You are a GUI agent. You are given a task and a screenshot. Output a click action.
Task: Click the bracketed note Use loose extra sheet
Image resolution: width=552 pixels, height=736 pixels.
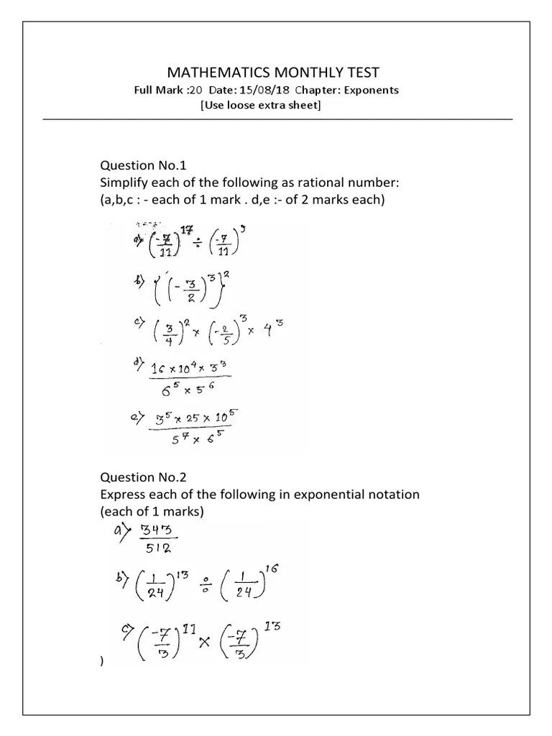click(x=260, y=105)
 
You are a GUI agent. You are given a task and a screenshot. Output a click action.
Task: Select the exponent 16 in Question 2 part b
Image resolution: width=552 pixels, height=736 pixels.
click(x=274, y=568)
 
